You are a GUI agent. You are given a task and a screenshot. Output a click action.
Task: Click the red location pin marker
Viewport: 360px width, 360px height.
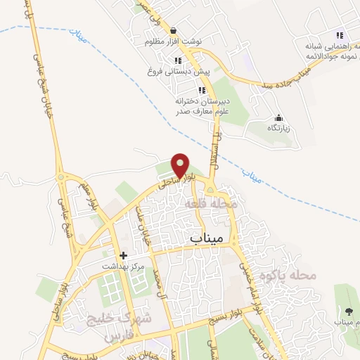[x=181, y=165]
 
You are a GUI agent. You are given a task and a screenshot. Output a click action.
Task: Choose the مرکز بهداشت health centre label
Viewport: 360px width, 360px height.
[x=124, y=266]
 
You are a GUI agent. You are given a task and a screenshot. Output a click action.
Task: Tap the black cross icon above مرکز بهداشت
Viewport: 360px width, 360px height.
[x=124, y=255]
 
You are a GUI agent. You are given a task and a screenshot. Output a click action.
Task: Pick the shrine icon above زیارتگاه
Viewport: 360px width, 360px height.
[x=279, y=117]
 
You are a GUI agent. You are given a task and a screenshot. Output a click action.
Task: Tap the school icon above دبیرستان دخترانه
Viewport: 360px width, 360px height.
[x=203, y=90]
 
